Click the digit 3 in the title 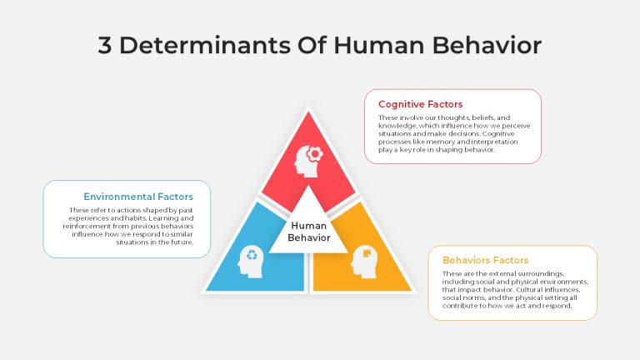(105, 45)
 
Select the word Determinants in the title (204, 45)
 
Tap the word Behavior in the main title (487, 45)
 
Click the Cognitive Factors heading (420, 104)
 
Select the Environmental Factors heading (138, 197)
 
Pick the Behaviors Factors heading (485, 260)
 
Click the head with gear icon (308, 161)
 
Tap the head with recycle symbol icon (251, 262)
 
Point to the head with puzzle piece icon (363, 262)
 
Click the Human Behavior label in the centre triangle (309, 232)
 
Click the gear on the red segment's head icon (315, 154)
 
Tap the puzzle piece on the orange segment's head (367, 253)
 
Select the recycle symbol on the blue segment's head (252, 255)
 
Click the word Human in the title (379, 45)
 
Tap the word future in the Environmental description (182, 242)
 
